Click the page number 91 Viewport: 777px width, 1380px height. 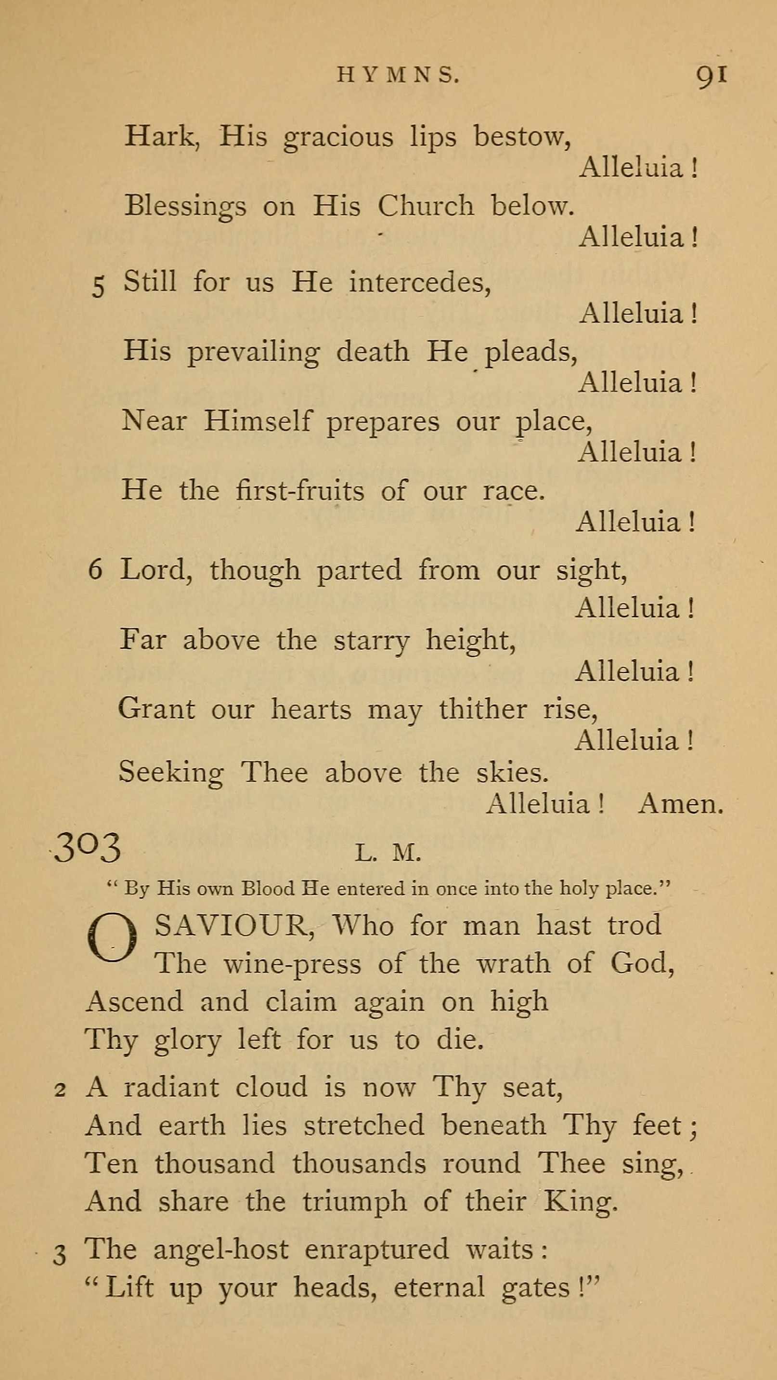coord(711,75)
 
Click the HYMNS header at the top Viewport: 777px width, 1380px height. coord(398,75)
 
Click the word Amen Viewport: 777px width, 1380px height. coord(680,803)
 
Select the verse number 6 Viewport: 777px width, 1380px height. coord(95,569)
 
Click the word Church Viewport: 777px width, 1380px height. coord(426,206)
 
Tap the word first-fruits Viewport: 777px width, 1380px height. coord(300,490)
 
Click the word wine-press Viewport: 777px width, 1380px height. coord(292,964)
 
